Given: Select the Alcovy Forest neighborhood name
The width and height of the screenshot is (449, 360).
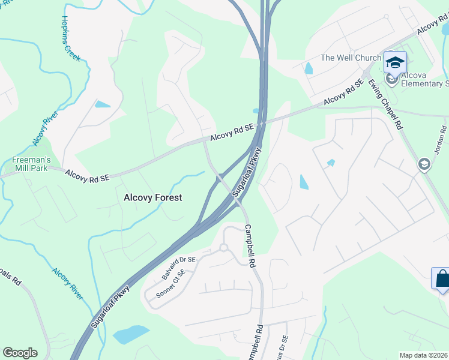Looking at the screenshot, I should pyautogui.click(x=152, y=197).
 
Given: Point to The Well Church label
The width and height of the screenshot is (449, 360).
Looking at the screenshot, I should pyautogui.click(x=351, y=58).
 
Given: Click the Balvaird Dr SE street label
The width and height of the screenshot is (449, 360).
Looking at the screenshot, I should pyautogui.click(x=179, y=268).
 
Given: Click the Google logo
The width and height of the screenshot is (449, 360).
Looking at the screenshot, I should pyautogui.click(x=20, y=353).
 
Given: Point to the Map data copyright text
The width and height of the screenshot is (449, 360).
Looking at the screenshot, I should pyautogui.click(x=424, y=355).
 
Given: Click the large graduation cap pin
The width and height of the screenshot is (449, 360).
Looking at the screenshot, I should pyautogui.click(x=395, y=62).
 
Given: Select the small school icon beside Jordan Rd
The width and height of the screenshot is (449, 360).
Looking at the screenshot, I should pyautogui.click(x=424, y=164).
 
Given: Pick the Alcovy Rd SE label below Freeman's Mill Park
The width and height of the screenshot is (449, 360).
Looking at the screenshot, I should pyautogui.click(x=88, y=176).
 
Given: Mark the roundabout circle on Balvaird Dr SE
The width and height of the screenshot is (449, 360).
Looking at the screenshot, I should pyautogui.click(x=223, y=247).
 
